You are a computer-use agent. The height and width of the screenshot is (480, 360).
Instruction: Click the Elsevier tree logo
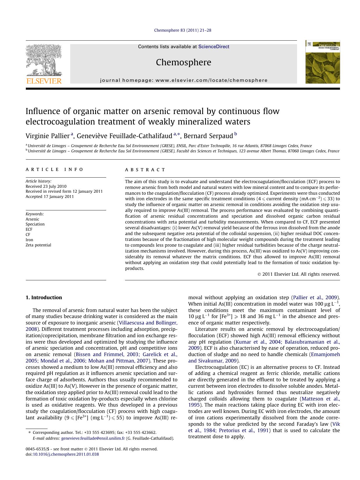coord(44,60)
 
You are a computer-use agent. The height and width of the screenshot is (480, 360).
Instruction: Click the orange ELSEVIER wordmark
coord(44,81)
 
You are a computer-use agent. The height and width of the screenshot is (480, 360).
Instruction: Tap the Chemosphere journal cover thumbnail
coord(322,62)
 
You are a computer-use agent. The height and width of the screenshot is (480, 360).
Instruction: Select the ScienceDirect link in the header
coord(214,46)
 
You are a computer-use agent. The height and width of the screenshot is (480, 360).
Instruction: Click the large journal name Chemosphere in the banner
coord(183,62)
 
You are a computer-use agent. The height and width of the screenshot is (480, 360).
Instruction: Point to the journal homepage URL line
coord(184,80)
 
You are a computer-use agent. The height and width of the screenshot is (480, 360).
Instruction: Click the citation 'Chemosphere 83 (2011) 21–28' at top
coord(182,30)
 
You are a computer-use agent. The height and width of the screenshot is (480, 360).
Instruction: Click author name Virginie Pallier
coord(48,136)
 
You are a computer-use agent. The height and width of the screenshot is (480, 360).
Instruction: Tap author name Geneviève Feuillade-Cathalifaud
coord(124,136)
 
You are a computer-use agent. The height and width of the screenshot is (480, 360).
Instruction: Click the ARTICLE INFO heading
coord(55,169)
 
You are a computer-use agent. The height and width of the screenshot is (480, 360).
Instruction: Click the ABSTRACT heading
coord(145,170)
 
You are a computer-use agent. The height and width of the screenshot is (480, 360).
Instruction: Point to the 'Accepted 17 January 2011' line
coord(50,196)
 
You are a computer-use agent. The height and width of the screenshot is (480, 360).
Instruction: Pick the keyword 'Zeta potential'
coord(38,245)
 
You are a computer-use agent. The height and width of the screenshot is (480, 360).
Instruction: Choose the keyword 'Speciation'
coord(35,224)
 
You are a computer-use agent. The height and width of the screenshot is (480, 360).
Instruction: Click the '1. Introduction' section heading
coord(44,297)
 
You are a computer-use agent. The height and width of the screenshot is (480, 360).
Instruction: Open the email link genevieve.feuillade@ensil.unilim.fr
coord(93,438)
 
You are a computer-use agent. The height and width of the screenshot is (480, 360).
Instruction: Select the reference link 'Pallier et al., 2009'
coord(315,297)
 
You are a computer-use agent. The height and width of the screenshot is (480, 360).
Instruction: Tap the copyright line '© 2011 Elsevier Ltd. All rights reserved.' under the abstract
coord(299,274)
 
